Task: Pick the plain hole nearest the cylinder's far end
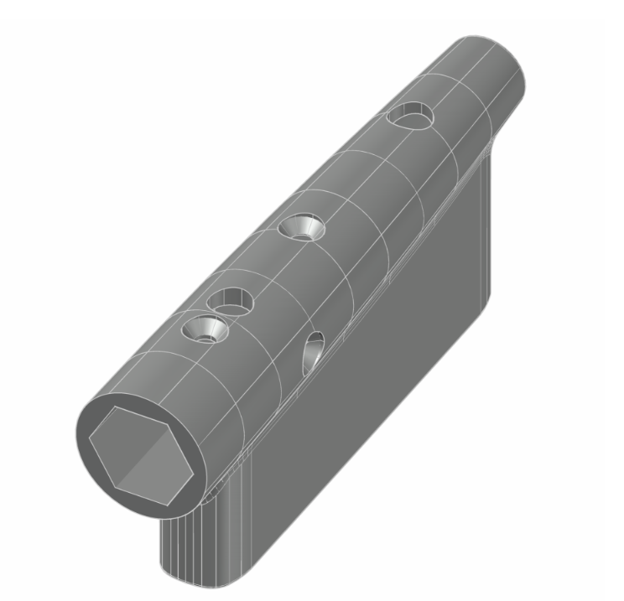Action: point(411,117)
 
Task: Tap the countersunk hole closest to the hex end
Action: point(204,329)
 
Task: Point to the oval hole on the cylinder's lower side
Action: point(313,351)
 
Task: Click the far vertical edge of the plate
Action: point(495,218)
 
